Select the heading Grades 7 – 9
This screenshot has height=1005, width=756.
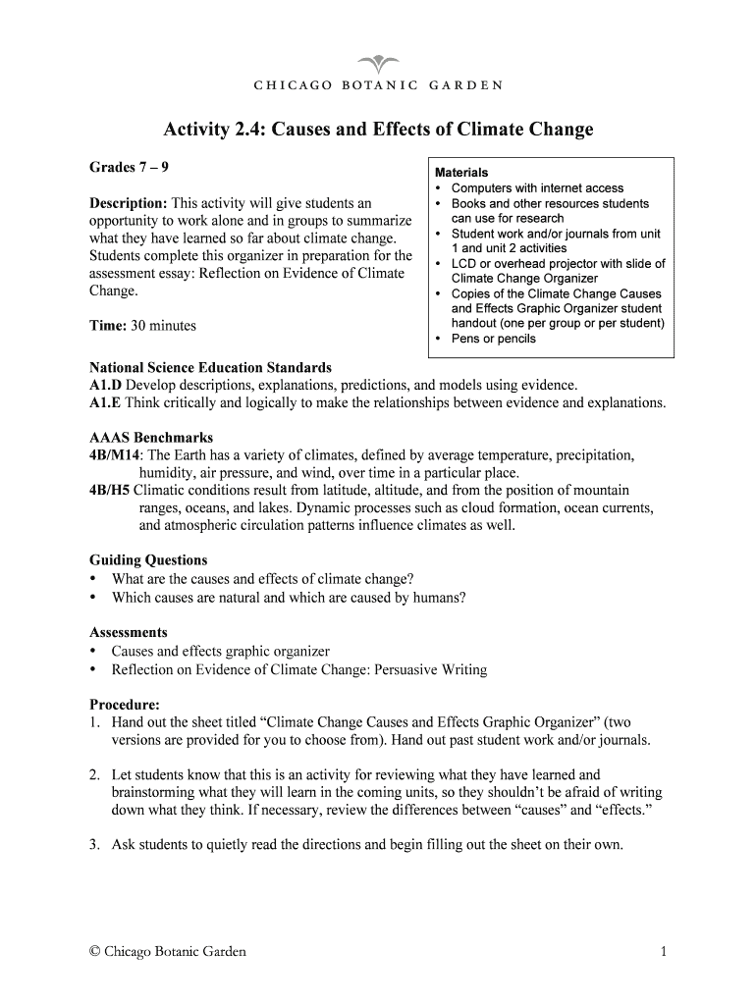click(x=123, y=167)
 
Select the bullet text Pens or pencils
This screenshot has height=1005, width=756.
click(x=493, y=339)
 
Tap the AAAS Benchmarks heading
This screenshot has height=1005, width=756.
click(x=151, y=438)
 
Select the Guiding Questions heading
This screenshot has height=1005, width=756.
click(x=148, y=560)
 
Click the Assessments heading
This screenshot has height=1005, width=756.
click(x=129, y=633)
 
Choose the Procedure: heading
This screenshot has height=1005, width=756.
click(x=125, y=705)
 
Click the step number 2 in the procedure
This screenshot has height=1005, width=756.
click(x=93, y=774)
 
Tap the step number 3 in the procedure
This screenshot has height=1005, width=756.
click(x=93, y=844)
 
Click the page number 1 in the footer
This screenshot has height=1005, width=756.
click(x=665, y=951)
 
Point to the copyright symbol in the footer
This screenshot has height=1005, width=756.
click(x=95, y=951)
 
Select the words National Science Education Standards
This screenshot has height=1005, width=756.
click(x=210, y=367)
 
